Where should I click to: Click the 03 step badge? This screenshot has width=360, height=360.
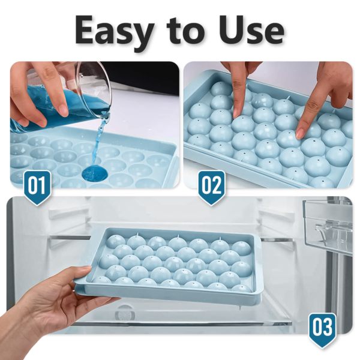coord(322,329)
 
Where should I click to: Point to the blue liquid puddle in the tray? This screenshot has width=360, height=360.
coord(95,173)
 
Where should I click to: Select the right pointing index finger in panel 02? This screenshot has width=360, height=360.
coord(312,108)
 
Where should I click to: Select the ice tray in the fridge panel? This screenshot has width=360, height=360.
coord(174,264)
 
